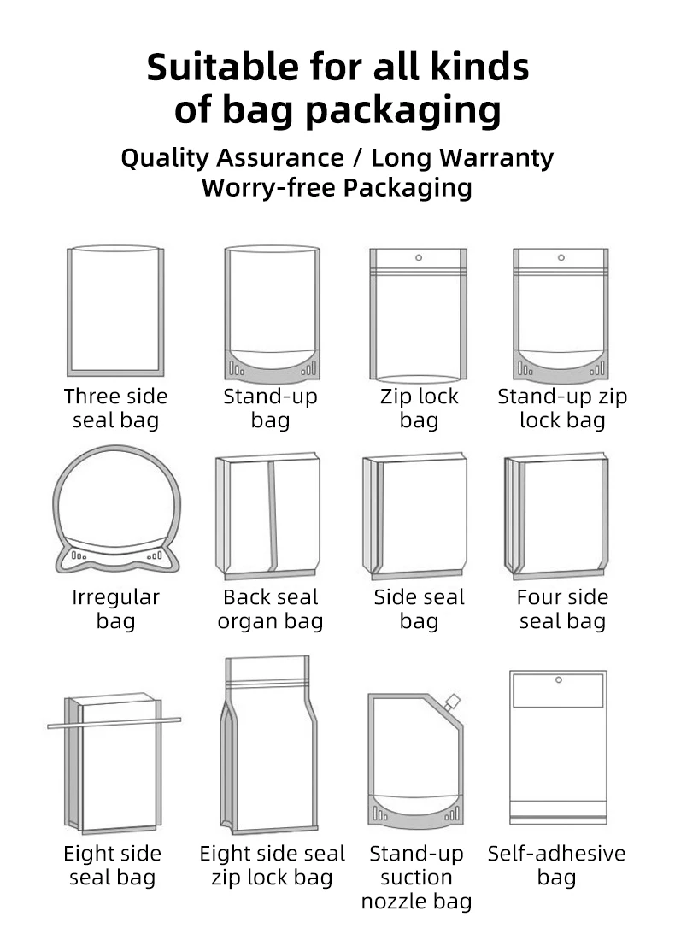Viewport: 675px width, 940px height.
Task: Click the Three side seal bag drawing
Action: click(115, 311)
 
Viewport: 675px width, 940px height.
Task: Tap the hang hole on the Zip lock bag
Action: click(419, 256)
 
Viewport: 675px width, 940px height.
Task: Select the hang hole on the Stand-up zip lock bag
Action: click(561, 256)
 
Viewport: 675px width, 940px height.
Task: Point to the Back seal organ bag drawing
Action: click(270, 517)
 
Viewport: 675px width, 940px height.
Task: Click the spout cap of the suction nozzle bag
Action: click(453, 703)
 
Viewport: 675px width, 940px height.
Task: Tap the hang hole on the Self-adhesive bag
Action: click(558, 680)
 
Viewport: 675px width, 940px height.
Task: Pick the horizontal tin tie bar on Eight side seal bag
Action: click(114, 723)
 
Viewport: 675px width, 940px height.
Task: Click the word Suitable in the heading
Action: click(221, 68)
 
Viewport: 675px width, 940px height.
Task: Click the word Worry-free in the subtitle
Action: click(268, 187)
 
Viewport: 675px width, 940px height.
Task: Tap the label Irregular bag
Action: click(115, 608)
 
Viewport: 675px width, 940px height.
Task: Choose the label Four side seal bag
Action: click(562, 608)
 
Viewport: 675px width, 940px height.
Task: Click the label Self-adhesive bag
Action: click(556, 865)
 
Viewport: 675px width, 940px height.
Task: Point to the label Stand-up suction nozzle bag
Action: click(416, 877)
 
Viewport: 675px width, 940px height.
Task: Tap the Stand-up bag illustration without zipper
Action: click(272, 313)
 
